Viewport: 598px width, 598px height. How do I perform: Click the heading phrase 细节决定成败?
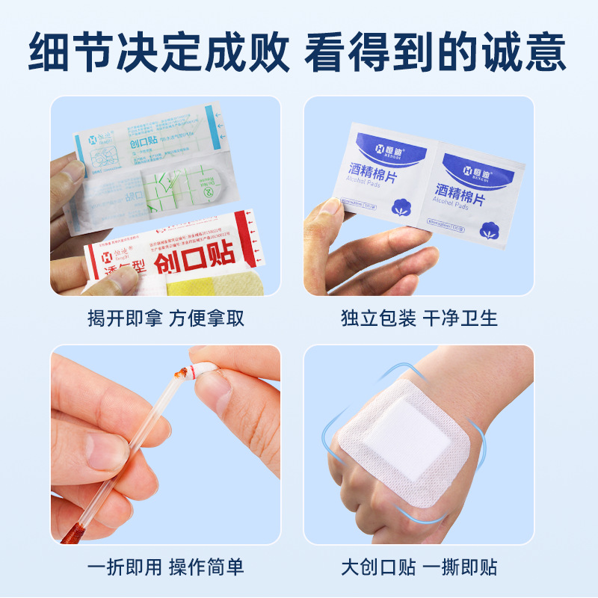pyautogui.click(x=158, y=51)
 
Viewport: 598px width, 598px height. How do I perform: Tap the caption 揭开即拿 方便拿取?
pyautogui.click(x=166, y=318)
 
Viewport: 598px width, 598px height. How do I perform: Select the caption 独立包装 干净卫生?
pyautogui.click(x=419, y=318)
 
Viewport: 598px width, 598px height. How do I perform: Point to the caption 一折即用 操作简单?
pyautogui.click(x=166, y=567)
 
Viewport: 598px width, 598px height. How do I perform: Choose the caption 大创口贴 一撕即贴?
pyautogui.click(x=419, y=567)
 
